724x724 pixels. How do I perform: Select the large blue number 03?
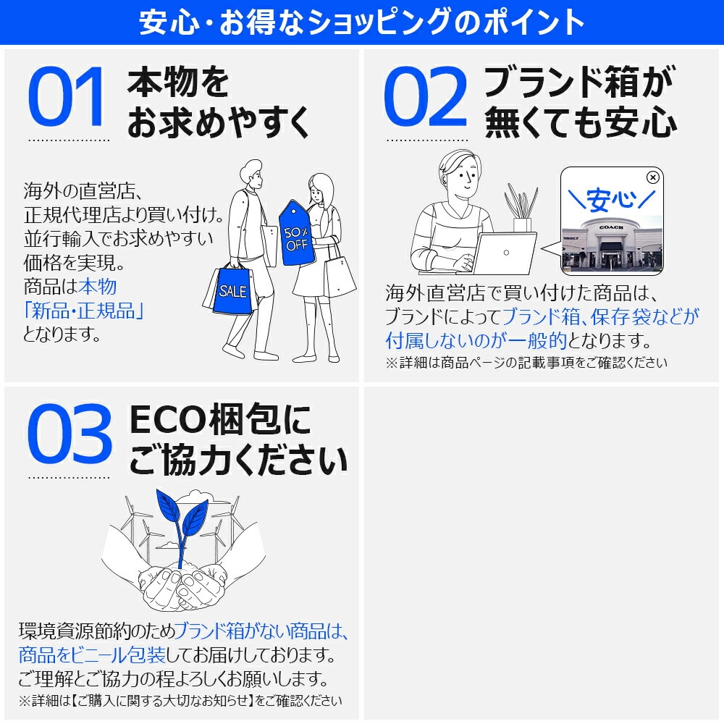pyautogui.click(x=70, y=434)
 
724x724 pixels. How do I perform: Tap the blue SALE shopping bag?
pyautogui.click(x=232, y=292)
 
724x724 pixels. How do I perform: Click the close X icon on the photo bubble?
pyautogui.click(x=652, y=177)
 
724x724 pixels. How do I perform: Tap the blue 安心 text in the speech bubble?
pyautogui.click(x=611, y=198)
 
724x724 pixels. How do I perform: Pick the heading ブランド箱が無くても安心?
pyautogui.click(x=579, y=102)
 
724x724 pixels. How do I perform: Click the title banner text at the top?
pyautogui.click(x=362, y=22)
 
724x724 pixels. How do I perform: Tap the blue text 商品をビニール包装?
pyautogui.click(x=92, y=655)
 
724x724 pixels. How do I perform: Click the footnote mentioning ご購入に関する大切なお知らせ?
pyautogui.click(x=180, y=700)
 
